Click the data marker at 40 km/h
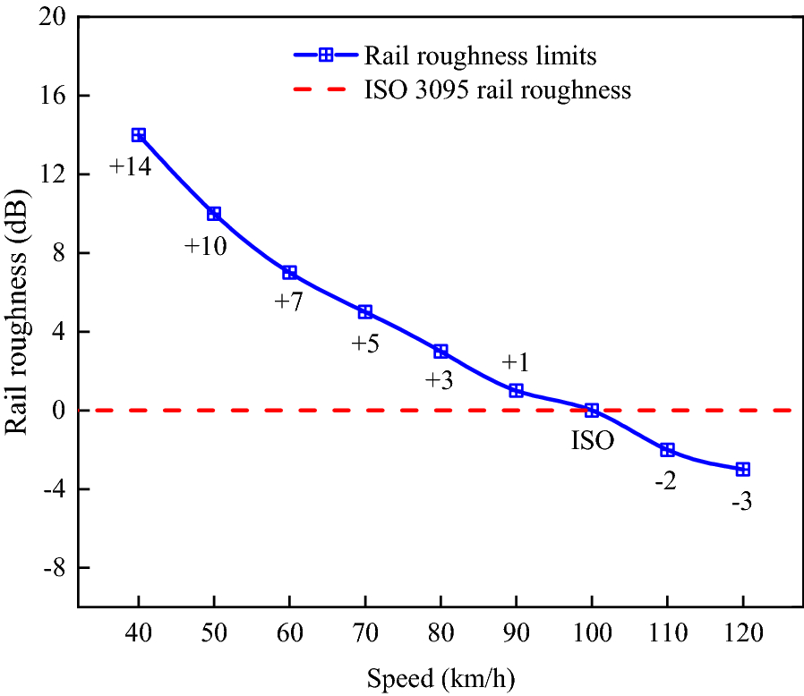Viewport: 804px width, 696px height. tap(139, 135)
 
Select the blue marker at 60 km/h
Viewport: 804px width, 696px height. tap(289, 272)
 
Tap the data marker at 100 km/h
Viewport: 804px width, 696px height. tap(591, 411)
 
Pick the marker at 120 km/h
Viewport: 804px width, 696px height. tap(742, 470)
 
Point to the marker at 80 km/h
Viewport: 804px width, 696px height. tap(440, 352)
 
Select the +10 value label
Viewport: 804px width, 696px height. tap(206, 246)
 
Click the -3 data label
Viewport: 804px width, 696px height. tap(741, 502)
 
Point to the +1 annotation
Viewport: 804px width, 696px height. tap(516, 362)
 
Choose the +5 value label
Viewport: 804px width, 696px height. tap(365, 344)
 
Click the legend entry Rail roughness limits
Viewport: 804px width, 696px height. tap(480, 55)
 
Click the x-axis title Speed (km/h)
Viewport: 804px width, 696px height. tap(440, 678)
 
